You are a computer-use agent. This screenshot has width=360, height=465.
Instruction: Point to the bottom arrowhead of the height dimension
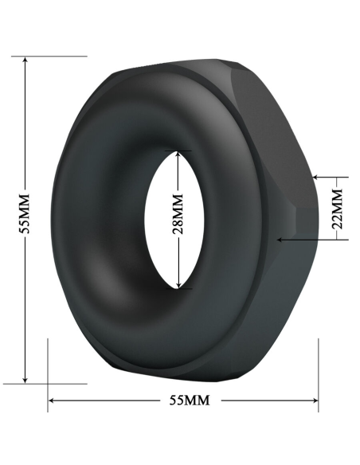[x=26, y=378]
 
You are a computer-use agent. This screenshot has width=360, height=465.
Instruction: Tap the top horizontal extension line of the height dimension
[x=48, y=57]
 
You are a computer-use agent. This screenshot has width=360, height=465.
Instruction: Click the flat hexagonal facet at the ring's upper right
[x=271, y=111]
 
